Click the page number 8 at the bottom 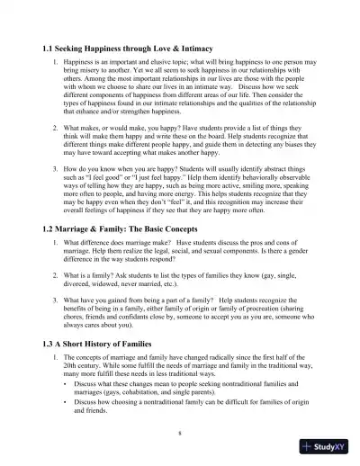180,432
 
